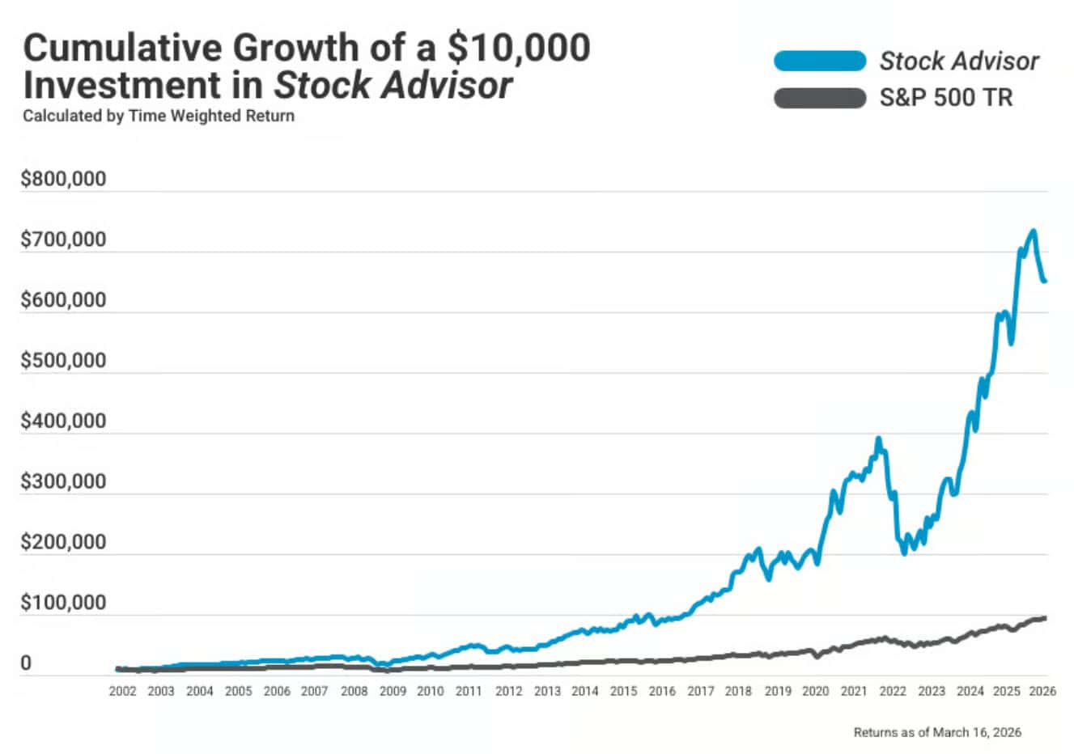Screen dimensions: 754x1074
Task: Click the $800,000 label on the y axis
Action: point(63,179)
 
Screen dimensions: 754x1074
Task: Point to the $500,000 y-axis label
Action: point(63,360)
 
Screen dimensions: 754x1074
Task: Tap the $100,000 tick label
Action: point(63,603)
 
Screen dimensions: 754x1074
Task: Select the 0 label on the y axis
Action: point(26,663)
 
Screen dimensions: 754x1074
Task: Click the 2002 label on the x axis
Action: point(123,692)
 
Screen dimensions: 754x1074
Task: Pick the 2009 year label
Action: point(393,692)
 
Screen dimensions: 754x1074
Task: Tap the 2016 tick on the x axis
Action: point(662,692)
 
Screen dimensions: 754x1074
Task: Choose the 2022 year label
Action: point(893,692)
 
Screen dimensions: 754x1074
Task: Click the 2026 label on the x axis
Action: point(1043,692)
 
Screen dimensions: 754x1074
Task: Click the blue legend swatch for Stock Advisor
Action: point(820,61)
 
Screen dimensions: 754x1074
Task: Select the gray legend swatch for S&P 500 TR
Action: point(820,99)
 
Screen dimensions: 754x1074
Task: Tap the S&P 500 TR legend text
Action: point(945,99)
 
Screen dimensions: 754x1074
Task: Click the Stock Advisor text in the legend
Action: point(959,61)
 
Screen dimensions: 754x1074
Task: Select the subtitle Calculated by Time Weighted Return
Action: point(159,116)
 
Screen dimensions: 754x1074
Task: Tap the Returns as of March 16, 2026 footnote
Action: point(937,732)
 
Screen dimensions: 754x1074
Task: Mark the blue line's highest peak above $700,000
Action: point(1033,231)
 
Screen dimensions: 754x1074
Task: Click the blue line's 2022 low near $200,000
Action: point(904,553)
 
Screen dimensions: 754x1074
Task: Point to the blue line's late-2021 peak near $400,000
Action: point(878,439)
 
